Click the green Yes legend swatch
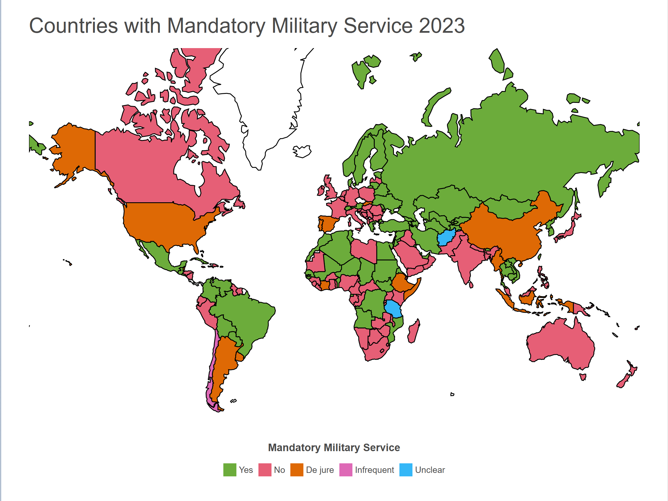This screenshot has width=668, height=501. tap(229, 470)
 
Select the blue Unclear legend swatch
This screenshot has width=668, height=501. tap(405, 470)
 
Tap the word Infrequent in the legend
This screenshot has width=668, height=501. tap(374, 470)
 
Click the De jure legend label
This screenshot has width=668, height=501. tap(320, 470)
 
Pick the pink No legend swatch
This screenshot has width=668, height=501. tap(265, 470)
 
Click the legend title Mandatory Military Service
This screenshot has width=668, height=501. tap(334, 448)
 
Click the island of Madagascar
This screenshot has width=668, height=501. tap(413, 332)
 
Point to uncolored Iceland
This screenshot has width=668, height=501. tap(302, 151)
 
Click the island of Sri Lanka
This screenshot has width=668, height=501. tap(471, 285)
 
